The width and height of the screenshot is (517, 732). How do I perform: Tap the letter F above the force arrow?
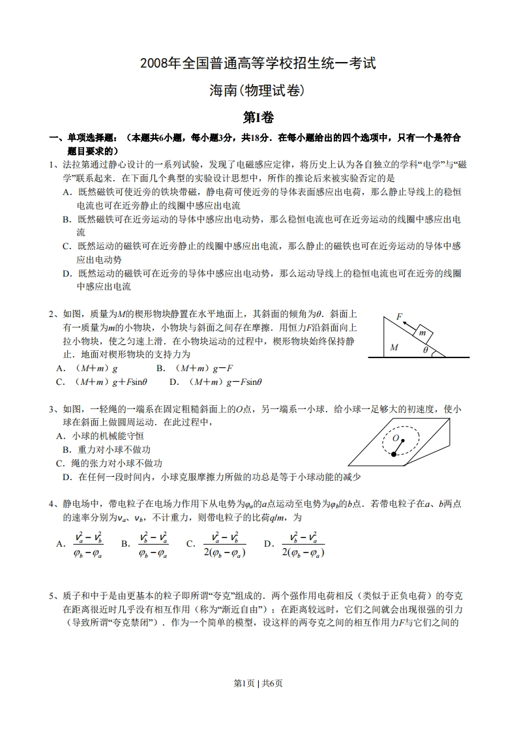click(x=399, y=316)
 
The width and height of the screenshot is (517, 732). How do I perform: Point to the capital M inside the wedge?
click(x=394, y=347)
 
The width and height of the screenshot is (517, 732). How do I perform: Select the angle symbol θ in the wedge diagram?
click(x=426, y=350)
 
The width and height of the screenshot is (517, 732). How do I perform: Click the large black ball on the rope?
click(x=394, y=455)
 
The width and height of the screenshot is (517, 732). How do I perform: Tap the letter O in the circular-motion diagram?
click(x=395, y=437)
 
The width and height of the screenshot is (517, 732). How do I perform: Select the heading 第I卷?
click(x=258, y=117)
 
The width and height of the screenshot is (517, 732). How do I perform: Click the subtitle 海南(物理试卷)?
click(x=258, y=91)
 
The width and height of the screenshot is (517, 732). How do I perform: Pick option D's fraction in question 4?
click(x=304, y=543)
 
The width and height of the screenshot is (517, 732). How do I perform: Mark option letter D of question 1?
click(x=66, y=273)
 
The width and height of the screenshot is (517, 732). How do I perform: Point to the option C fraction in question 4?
click(x=224, y=543)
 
